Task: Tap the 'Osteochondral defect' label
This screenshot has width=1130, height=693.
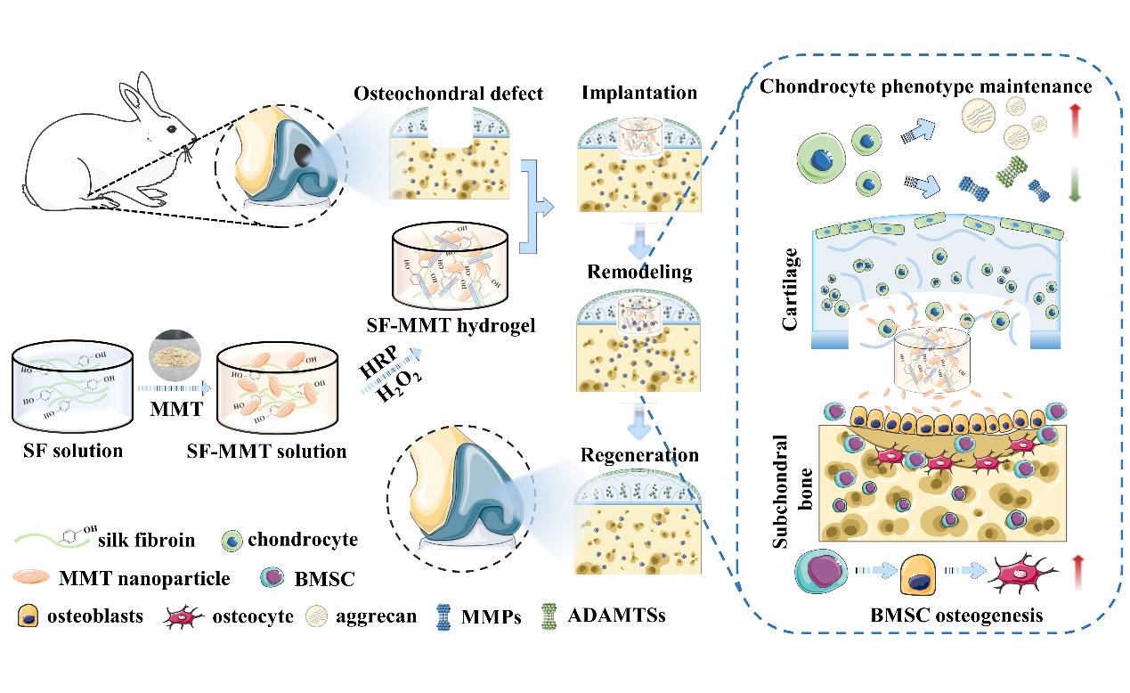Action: [x=448, y=94]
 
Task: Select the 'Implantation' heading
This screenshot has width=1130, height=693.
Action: [x=638, y=93]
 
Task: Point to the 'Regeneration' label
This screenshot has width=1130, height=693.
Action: [x=639, y=455]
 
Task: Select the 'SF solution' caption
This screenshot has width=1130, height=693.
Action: [x=73, y=451]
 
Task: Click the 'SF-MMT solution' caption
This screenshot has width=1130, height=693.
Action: [x=266, y=451]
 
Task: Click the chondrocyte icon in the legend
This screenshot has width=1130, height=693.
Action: [x=231, y=540]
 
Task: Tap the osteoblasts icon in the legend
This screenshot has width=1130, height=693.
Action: [x=29, y=616]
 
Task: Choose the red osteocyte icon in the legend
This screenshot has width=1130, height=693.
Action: [x=183, y=616]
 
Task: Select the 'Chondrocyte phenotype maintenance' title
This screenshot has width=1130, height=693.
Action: [x=925, y=86]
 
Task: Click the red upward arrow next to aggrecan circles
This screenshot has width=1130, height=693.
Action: [x=1073, y=119]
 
